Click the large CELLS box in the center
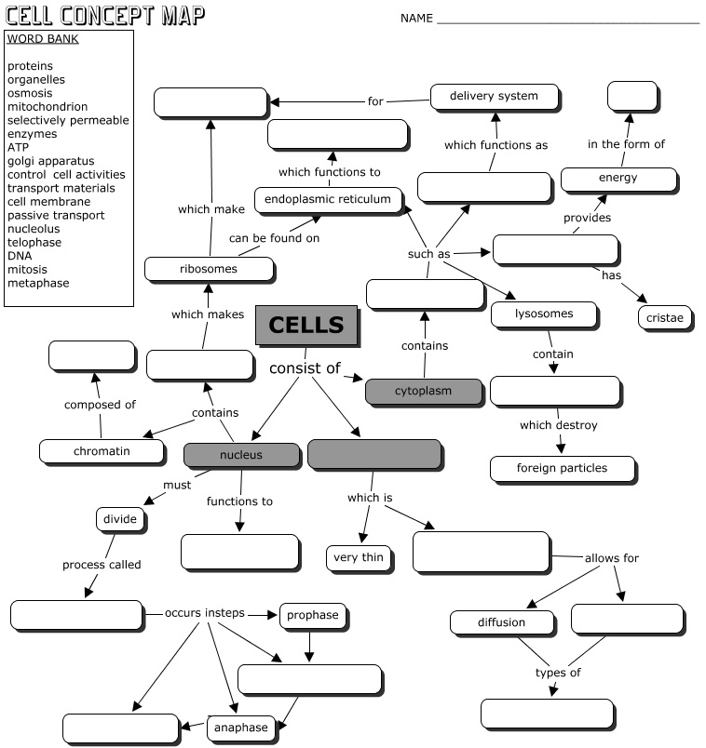(305, 326)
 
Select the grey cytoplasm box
(424, 392)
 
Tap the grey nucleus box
(241, 455)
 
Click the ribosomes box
(209, 270)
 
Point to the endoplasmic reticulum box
(333, 200)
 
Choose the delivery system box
(495, 97)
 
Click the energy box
(618, 179)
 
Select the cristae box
(666, 318)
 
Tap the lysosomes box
(544, 314)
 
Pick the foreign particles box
(562, 468)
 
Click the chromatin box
(102, 452)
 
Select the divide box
(120, 518)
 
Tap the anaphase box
(238, 728)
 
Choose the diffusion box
(502, 622)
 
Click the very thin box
(359, 558)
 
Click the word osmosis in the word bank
(30, 93)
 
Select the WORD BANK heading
(42, 39)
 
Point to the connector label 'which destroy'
(559, 426)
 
